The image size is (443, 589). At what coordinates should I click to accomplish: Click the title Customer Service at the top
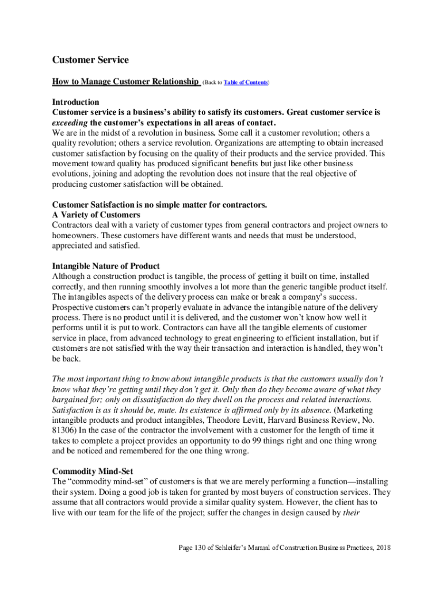pyautogui.click(x=90, y=60)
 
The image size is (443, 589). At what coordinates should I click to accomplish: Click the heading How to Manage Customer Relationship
pyautogui.click(x=125, y=82)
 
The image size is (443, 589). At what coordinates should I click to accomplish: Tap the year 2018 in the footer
pyautogui.click(x=381, y=547)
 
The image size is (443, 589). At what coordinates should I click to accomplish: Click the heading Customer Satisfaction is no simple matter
pyautogui.click(x=159, y=205)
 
